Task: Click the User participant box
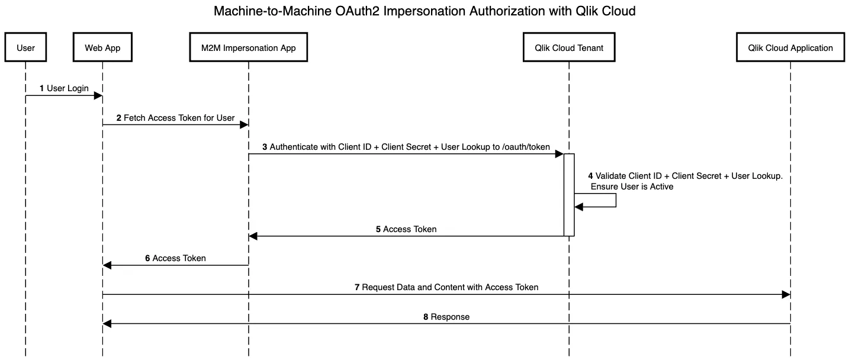click(25, 48)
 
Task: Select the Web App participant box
click(102, 48)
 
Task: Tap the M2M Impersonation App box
click(248, 48)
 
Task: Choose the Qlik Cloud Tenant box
click(568, 48)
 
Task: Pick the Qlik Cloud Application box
click(790, 48)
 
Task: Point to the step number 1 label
click(41, 88)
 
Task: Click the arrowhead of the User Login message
click(98, 95)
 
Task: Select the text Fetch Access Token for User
click(179, 118)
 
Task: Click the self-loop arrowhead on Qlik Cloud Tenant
click(578, 207)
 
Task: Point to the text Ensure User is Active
click(632, 187)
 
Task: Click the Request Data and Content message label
click(450, 287)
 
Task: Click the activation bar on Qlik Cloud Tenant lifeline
click(569, 195)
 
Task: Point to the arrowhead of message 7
click(786, 294)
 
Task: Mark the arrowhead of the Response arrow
click(107, 324)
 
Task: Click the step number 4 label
click(590, 176)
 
